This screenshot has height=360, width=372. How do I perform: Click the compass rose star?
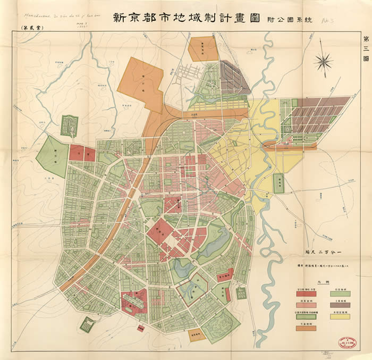pos(323,62)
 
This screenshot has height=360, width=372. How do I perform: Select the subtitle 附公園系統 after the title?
pos(289,19)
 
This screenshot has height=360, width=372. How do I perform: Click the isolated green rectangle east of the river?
pos(278,183)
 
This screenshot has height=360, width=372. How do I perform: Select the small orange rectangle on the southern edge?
pos(196,336)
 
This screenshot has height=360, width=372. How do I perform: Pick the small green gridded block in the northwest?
pos(69,126)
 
